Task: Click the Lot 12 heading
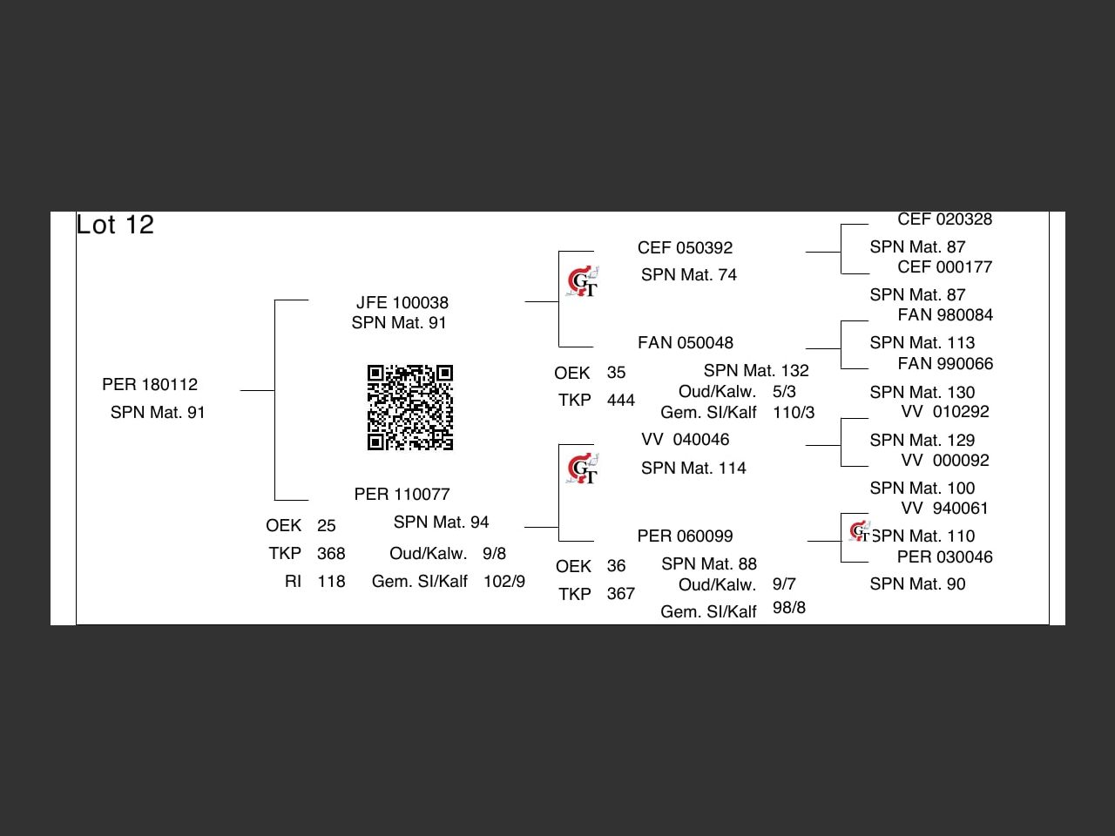[115, 225]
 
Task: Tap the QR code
[409, 408]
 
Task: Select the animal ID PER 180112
[150, 385]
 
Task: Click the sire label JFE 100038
[402, 303]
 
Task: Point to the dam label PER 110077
[402, 495]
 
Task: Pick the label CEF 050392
[685, 248]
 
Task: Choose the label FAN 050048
[686, 343]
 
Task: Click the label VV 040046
[686, 440]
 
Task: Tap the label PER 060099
[685, 536]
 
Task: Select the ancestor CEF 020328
[945, 219]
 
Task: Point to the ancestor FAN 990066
[945, 364]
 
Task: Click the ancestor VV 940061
[945, 509]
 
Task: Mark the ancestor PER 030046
[945, 557]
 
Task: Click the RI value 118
[331, 582]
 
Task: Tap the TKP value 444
[621, 401]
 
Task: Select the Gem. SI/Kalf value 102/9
[504, 582]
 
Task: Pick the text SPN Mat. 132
[756, 371]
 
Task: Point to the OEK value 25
[327, 526]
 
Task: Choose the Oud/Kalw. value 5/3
[784, 392]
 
